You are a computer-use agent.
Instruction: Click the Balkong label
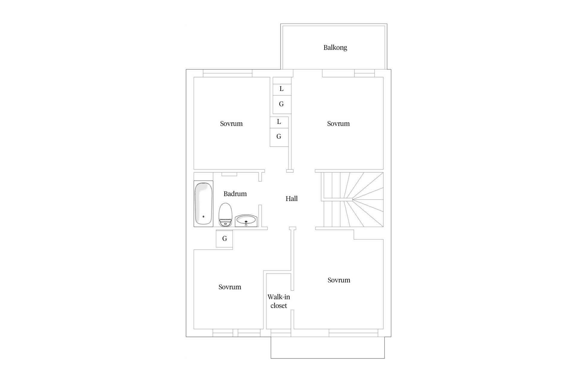point(335,48)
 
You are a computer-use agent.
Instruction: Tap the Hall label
point(291,199)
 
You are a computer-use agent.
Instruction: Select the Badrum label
point(235,194)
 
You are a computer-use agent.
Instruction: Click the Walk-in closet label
point(279,301)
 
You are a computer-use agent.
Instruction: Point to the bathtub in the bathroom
point(203,203)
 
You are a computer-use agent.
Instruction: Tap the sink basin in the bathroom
point(246,220)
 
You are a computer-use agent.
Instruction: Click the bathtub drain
point(203,216)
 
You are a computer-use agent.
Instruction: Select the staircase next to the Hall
point(352,200)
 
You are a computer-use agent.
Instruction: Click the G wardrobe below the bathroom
point(224,238)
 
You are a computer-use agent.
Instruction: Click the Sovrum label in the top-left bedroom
point(231,124)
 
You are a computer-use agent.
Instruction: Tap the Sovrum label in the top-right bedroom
point(338,124)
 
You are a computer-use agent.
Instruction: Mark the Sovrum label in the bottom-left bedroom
point(230,287)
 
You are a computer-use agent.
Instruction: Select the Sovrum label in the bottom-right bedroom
point(339,280)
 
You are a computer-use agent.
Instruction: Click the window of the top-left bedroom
point(227,73)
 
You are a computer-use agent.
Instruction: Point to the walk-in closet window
point(281,333)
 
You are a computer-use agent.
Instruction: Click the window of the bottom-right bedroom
point(353,333)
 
